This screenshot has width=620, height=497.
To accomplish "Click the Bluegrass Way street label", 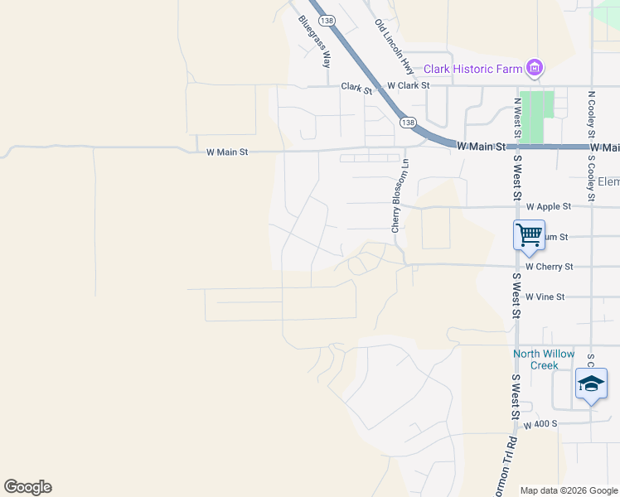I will tap(316, 42).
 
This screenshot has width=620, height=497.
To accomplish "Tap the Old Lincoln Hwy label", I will tap(394, 45).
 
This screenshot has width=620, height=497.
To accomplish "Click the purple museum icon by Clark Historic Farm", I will tap(535, 68).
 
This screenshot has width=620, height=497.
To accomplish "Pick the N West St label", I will tap(516, 118).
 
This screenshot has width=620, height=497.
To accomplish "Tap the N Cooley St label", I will tap(592, 115).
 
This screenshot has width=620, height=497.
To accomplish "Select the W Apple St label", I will tap(549, 206).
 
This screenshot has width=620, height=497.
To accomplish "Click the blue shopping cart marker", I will tap(530, 234).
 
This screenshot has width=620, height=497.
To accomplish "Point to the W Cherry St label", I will tap(549, 267).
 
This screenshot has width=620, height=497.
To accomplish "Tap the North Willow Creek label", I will tap(543, 359).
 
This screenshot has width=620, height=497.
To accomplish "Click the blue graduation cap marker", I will tap(590, 384).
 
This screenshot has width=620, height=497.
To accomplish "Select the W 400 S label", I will tap(545, 423).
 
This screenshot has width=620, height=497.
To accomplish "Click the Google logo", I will tap(27, 487).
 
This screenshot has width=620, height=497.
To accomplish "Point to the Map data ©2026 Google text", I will tap(568, 490).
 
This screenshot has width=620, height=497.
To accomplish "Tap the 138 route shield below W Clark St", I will tap(407, 122).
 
